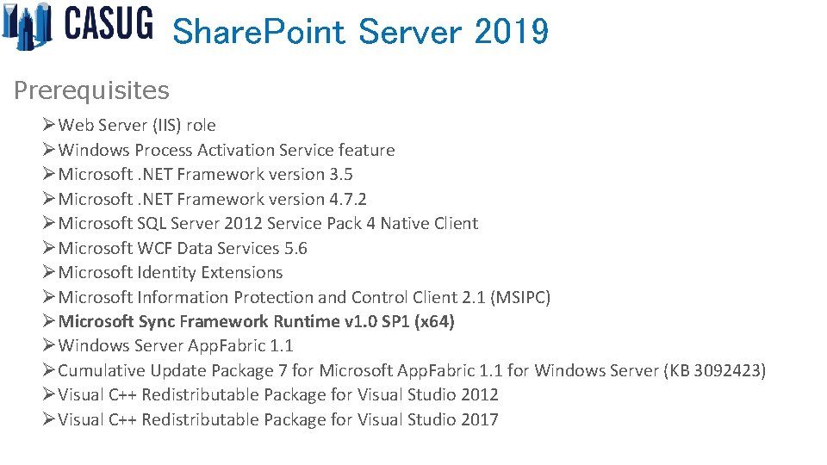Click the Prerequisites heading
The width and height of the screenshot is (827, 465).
[x=91, y=90]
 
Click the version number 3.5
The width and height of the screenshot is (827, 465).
[x=340, y=175]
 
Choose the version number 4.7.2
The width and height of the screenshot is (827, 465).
[x=348, y=199]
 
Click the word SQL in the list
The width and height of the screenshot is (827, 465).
[x=153, y=224]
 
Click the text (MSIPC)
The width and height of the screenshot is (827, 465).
[x=520, y=298]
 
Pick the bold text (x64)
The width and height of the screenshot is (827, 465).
[x=434, y=322]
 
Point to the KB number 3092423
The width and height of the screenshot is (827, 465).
[x=729, y=371]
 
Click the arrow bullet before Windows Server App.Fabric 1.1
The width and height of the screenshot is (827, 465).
[x=49, y=346]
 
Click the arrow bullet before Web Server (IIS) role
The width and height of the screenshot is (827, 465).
[x=49, y=126]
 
